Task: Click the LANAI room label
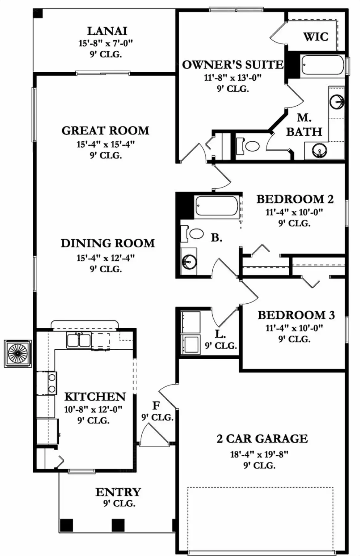107,31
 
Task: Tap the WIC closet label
316,37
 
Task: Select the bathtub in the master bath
322,65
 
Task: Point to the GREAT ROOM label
105,130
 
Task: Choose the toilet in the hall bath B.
193,234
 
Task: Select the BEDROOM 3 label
296,315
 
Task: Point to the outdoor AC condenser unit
18,353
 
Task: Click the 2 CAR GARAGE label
262,439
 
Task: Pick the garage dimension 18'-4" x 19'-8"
259,454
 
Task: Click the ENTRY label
118,492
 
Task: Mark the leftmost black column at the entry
66,525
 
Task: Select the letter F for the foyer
156,405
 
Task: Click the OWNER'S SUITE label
232,65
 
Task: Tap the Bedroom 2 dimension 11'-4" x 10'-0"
294,212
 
